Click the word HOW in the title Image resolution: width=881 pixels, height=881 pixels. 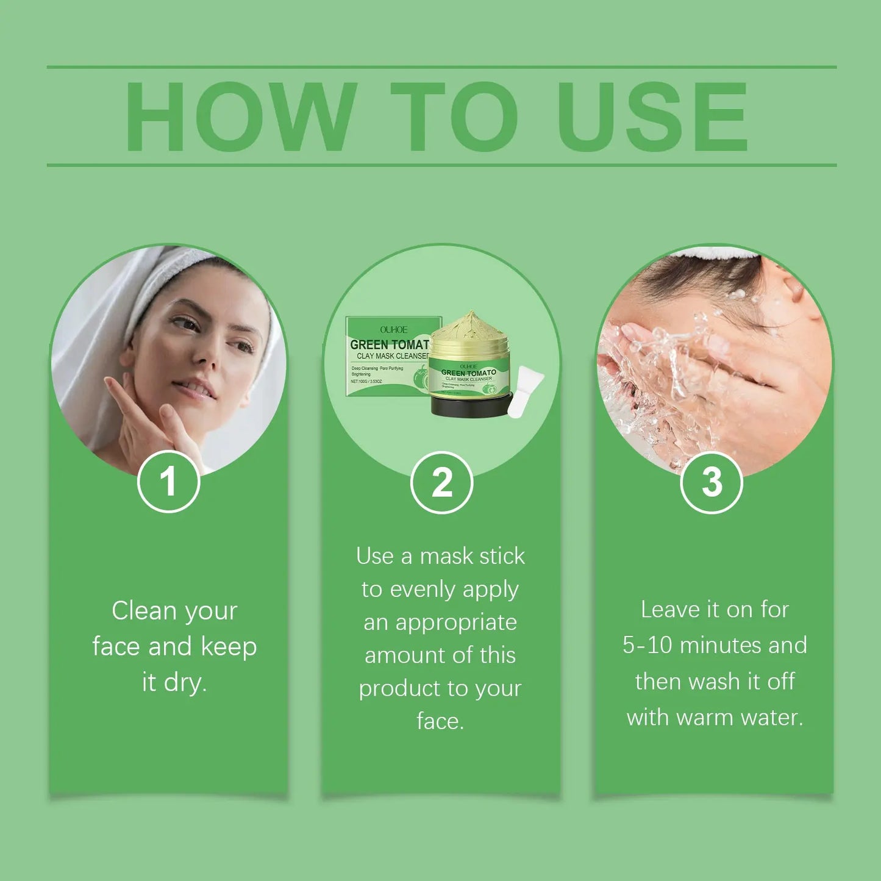[240, 116]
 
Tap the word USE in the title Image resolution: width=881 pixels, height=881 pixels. [652, 116]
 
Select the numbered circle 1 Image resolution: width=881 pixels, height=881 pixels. [168, 482]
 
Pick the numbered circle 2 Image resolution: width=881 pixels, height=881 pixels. [441, 482]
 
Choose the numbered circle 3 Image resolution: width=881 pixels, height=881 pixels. [712, 482]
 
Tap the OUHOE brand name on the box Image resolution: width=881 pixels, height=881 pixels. [393, 329]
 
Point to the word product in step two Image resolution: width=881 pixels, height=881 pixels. [393, 689]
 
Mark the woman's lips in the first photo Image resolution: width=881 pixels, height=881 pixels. [193, 389]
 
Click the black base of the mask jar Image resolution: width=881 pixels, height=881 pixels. [469, 405]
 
